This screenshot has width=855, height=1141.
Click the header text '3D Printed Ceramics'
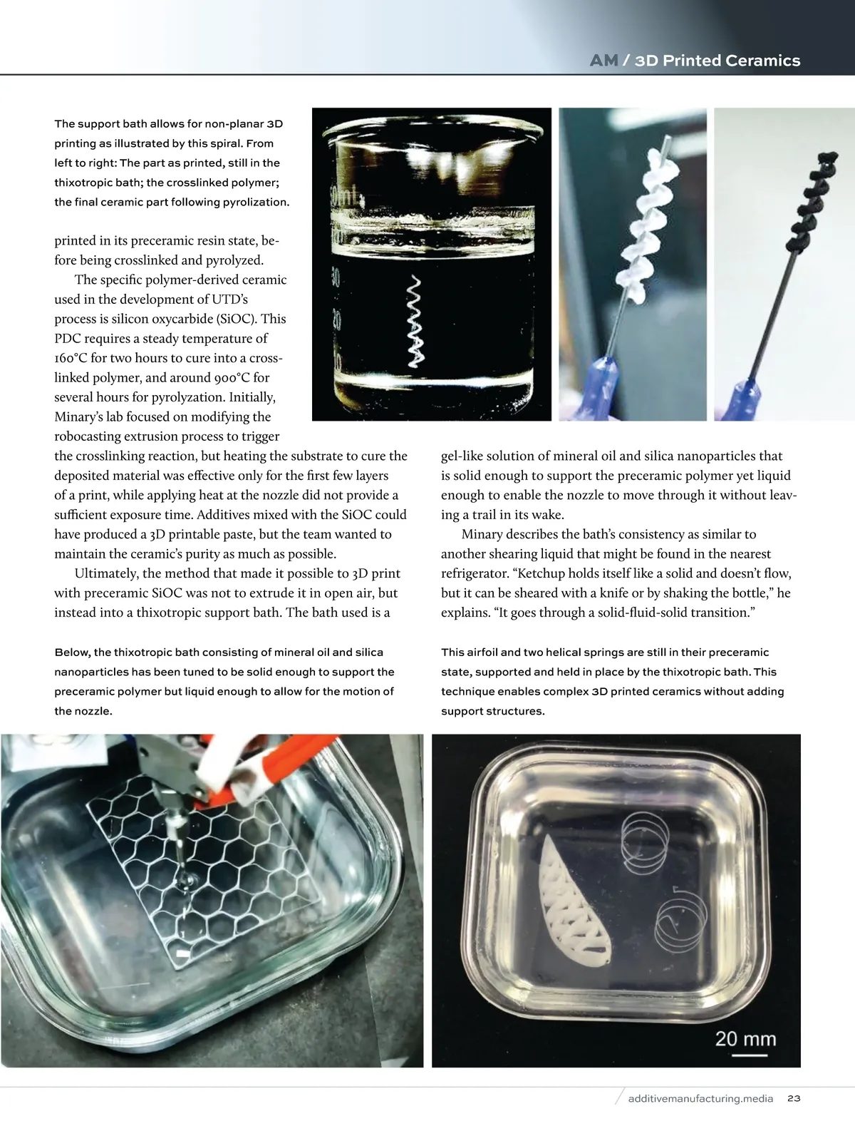click(x=717, y=61)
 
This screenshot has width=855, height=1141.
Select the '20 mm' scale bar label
click(x=745, y=1038)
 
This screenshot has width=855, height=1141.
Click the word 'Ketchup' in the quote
click(x=541, y=573)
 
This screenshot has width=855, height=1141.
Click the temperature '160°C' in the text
click(x=72, y=358)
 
